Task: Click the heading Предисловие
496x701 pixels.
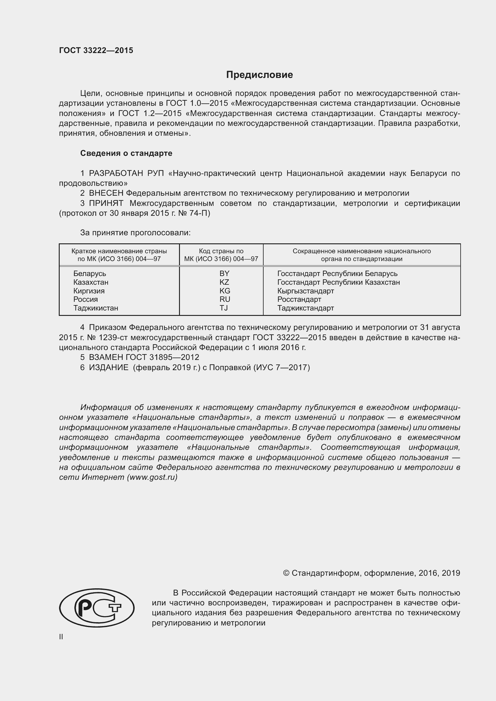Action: pos(259,75)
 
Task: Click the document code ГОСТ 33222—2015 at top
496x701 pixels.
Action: pos(96,50)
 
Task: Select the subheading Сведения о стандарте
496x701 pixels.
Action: pos(126,153)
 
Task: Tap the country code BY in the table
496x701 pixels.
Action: pos(224,274)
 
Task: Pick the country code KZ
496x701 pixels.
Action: pos(224,282)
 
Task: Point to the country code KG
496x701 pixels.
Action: pos(225,291)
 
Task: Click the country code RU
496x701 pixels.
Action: pos(225,299)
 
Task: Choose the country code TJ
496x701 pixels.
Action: pos(224,308)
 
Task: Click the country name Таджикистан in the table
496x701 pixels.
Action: pos(96,308)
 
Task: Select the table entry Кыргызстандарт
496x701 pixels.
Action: pos(305,291)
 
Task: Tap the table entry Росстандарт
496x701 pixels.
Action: pos(299,299)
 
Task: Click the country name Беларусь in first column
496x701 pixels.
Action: pos(89,274)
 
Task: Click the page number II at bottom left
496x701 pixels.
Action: pos(61,637)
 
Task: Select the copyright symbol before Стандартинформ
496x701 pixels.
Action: pos(286,573)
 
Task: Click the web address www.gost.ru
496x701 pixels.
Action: pos(152,477)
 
